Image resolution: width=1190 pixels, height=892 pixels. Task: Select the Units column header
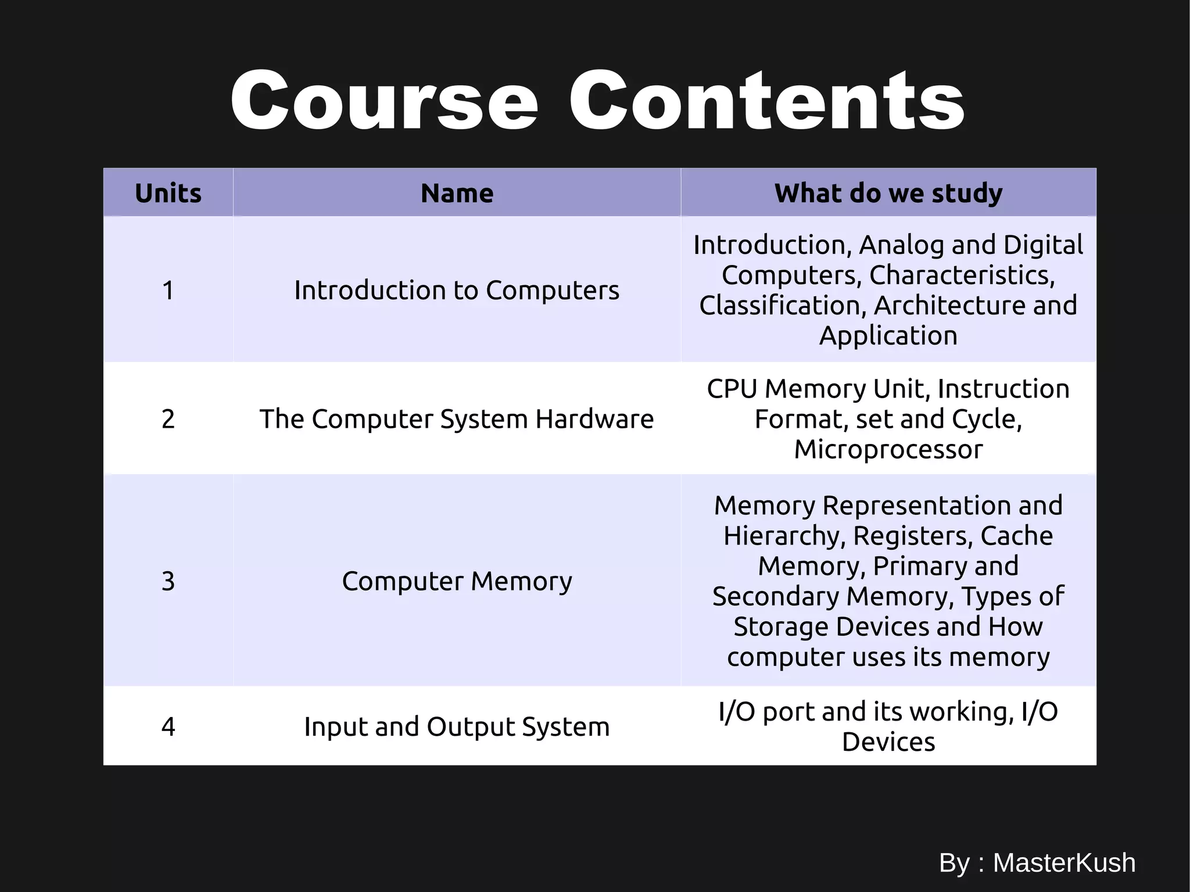click(x=168, y=193)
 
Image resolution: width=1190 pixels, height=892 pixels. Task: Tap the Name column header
click(x=457, y=193)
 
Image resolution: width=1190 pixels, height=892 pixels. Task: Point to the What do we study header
click(x=888, y=193)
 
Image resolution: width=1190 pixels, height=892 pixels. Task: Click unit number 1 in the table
click(x=168, y=290)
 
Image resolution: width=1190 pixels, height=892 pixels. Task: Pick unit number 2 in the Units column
click(x=168, y=419)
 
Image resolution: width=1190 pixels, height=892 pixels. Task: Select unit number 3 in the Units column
click(x=168, y=581)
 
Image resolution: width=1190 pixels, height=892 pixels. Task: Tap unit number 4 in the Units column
click(x=168, y=726)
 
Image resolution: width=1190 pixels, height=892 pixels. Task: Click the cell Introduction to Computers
click(x=457, y=290)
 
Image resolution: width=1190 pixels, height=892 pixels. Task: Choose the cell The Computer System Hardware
click(x=457, y=419)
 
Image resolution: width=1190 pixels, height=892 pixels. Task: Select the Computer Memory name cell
click(x=457, y=581)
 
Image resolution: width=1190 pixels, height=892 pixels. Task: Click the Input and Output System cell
click(x=457, y=726)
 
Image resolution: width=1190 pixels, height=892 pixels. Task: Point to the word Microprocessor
click(x=888, y=449)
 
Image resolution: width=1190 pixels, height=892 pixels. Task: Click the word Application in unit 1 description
click(x=888, y=336)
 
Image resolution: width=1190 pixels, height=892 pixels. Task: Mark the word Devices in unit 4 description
click(x=888, y=742)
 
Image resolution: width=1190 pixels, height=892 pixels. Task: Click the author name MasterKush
click(x=1064, y=862)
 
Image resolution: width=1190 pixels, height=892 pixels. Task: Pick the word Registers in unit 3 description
click(x=912, y=536)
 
